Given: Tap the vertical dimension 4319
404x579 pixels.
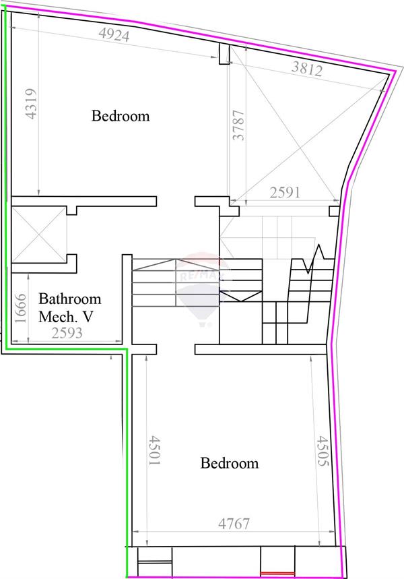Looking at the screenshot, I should (30, 104).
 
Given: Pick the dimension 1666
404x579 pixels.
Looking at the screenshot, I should (20, 309).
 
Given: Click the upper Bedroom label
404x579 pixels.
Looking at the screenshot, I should (121, 116).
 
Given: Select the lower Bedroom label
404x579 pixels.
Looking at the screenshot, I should (230, 463).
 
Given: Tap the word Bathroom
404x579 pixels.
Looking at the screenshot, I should (70, 299).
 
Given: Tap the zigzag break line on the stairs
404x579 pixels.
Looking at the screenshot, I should (315, 259).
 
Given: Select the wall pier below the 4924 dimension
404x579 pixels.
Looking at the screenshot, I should (225, 53).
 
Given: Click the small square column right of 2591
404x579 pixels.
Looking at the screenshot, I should (334, 212).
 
